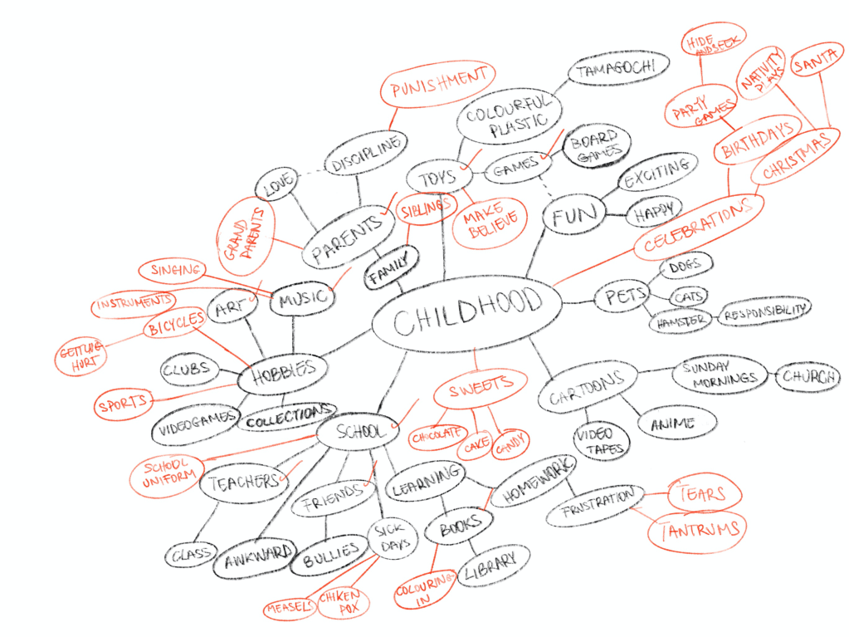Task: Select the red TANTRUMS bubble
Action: (x=700, y=529)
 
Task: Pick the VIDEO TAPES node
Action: (x=593, y=439)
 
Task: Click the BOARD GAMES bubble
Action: (x=597, y=146)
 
